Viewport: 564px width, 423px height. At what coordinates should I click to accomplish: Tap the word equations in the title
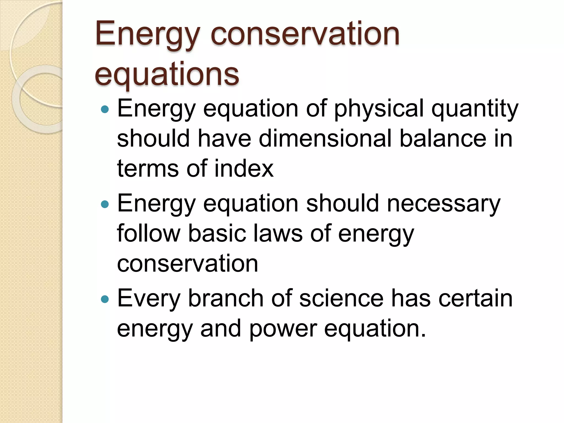click(x=167, y=74)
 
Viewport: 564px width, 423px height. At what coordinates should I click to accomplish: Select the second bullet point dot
click(x=105, y=204)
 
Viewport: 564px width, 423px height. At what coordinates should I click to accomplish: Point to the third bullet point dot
click(x=105, y=299)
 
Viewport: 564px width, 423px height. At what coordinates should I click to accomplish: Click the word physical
click(x=379, y=109)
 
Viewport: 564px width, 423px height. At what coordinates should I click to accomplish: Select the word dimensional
click(x=325, y=139)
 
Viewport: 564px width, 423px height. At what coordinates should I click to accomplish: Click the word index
click(x=244, y=169)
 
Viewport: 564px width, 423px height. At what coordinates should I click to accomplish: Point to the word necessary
click(x=443, y=204)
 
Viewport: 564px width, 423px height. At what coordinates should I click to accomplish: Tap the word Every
click(x=148, y=299)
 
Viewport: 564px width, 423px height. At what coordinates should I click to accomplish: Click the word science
click(x=341, y=299)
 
